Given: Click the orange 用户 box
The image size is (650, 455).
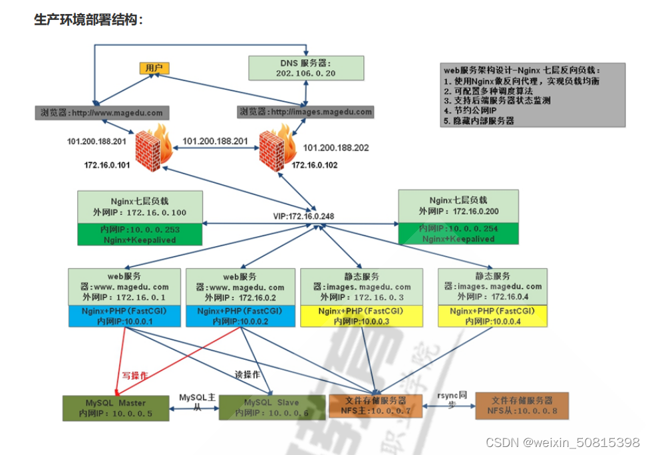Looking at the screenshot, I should point(154,68).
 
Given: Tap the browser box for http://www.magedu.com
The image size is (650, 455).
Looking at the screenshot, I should point(99,112).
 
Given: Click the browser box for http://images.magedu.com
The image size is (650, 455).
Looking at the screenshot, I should point(305,112).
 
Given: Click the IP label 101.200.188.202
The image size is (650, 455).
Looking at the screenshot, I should point(336,148).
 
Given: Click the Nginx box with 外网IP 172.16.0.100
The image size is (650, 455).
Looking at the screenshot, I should point(139,206).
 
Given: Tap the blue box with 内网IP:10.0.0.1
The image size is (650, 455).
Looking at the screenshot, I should point(124,317).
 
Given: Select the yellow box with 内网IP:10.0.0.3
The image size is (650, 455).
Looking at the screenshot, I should point(361,317).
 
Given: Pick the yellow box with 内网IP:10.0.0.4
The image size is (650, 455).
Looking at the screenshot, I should point(492,317).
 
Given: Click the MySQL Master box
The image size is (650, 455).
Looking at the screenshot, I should point(114,408).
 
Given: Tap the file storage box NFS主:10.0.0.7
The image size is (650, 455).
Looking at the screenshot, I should point(376,406).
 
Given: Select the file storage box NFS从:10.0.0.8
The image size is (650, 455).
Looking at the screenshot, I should point(522,406).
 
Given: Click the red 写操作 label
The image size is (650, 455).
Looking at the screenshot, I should point(134,375).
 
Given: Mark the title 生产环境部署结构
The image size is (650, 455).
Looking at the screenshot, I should point(88,20).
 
